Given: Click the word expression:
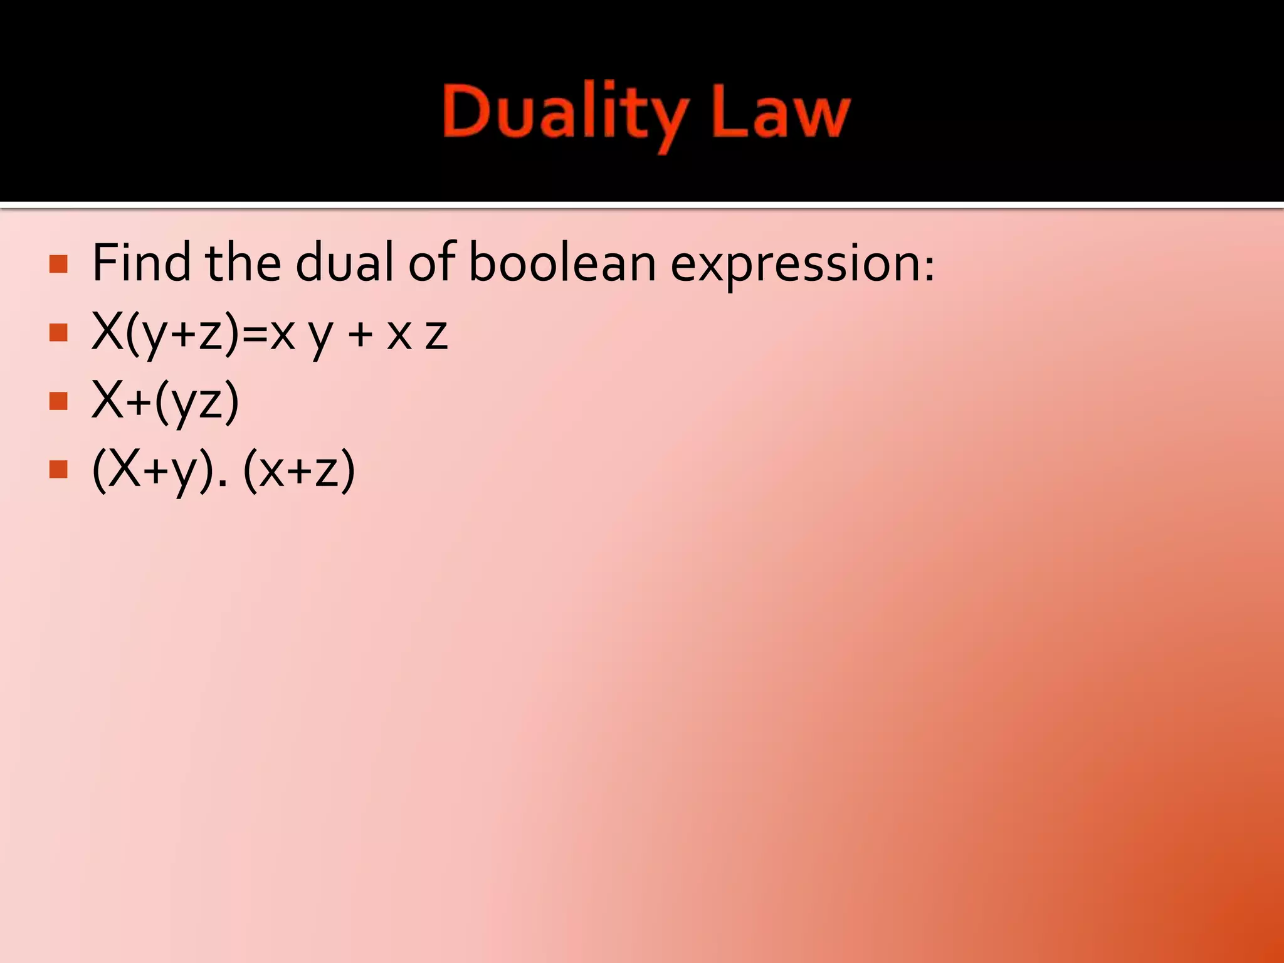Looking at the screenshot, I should (802, 263).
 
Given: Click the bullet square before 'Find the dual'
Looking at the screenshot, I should (58, 264).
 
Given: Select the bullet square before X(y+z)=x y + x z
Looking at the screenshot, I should (58, 332).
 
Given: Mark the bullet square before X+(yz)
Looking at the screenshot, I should (58, 401).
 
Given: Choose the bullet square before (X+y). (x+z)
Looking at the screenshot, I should (58, 470).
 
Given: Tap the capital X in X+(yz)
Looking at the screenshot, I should (107, 400).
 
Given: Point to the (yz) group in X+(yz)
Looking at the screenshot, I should (197, 401).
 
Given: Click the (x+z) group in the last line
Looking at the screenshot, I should (299, 470).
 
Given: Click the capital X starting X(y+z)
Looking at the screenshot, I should (107, 331).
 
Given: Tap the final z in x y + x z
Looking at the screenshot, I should (436, 335).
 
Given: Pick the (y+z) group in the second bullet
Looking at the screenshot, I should (182, 333).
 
